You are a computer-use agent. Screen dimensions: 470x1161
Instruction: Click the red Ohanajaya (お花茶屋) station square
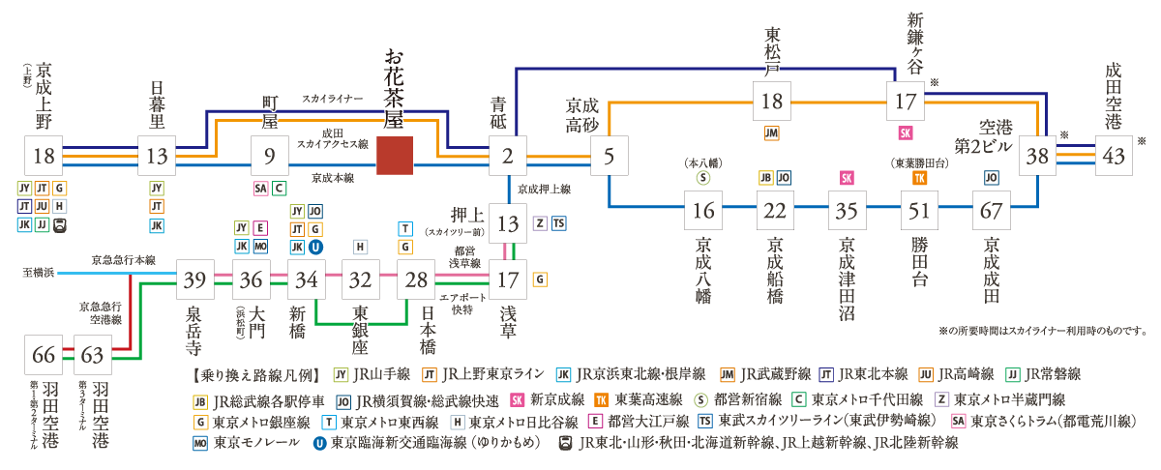(x=396, y=156)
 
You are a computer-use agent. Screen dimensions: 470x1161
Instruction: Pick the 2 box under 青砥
(x=506, y=156)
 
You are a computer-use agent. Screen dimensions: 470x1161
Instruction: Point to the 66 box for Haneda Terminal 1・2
(x=45, y=354)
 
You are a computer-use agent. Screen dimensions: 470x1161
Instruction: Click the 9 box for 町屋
(x=270, y=156)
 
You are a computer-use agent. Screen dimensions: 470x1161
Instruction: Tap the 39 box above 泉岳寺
(x=195, y=280)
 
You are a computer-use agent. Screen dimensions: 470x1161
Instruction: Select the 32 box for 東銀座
(x=361, y=280)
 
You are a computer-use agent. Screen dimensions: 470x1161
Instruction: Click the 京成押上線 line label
(x=544, y=190)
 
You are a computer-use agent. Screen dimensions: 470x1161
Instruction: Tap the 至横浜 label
(x=40, y=273)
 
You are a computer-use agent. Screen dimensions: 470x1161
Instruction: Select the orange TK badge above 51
(x=920, y=178)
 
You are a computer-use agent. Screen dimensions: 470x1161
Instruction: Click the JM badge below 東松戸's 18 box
(x=771, y=132)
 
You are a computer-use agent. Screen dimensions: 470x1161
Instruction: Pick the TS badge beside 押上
(x=558, y=223)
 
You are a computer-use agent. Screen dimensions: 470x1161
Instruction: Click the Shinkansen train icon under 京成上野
(x=61, y=224)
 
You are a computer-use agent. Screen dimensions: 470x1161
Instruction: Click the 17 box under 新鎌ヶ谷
(x=906, y=101)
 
